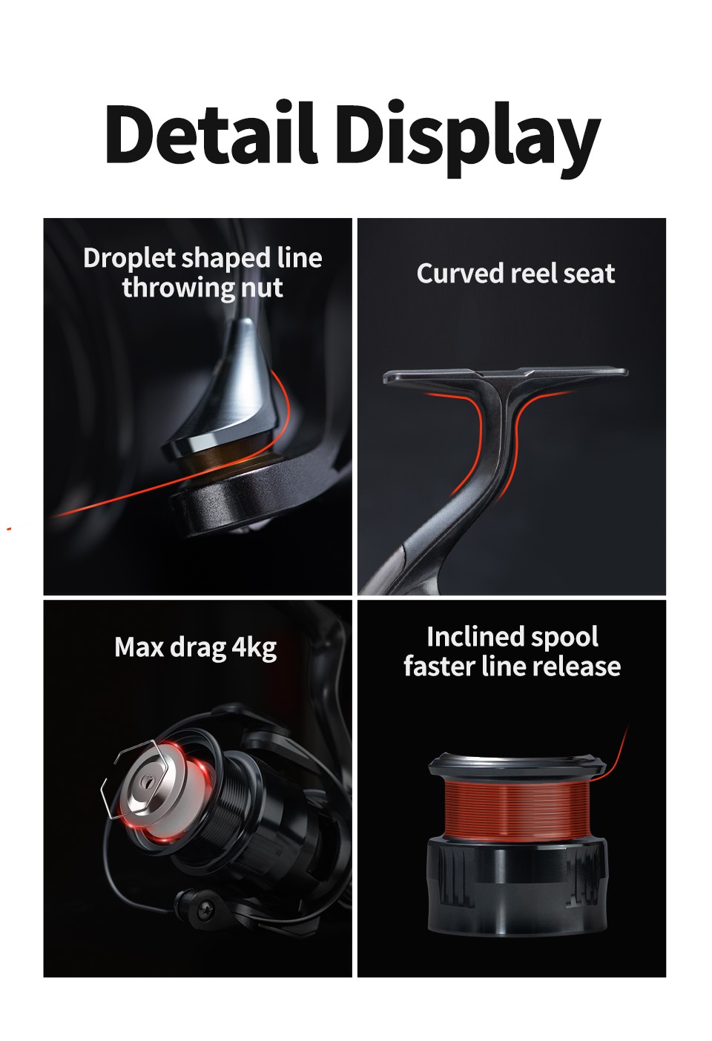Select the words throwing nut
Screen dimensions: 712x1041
[x=202, y=288]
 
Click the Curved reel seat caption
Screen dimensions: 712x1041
[x=516, y=273]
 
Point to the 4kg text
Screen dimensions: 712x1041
[x=254, y=648]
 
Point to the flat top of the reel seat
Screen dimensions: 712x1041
[x=505, y=375]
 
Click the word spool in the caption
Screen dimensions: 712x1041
[x=565, y=638]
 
